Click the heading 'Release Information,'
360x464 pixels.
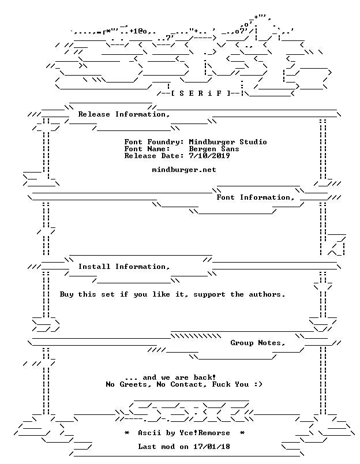pos(124,114)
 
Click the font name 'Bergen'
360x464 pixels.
pos(202,149)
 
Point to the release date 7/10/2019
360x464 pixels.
pos(209,156)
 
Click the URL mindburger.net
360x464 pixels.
pos(184,170)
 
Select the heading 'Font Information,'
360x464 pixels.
pos(256,197)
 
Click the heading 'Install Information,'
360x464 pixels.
pos(124,267)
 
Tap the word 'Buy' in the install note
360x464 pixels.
pos(66,294)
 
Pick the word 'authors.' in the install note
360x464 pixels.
pos(267,294)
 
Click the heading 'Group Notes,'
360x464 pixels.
pos(258,343)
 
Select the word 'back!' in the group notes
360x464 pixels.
pos(205,377)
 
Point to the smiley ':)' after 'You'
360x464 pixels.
pos(258,384)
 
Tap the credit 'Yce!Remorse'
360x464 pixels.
pos(205,433)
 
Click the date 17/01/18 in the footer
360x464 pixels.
pos(212,447)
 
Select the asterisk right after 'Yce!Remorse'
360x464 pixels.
pos(242,433)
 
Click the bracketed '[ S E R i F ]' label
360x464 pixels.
pos(201,93)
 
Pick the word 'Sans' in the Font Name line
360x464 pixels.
pos(230,149)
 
